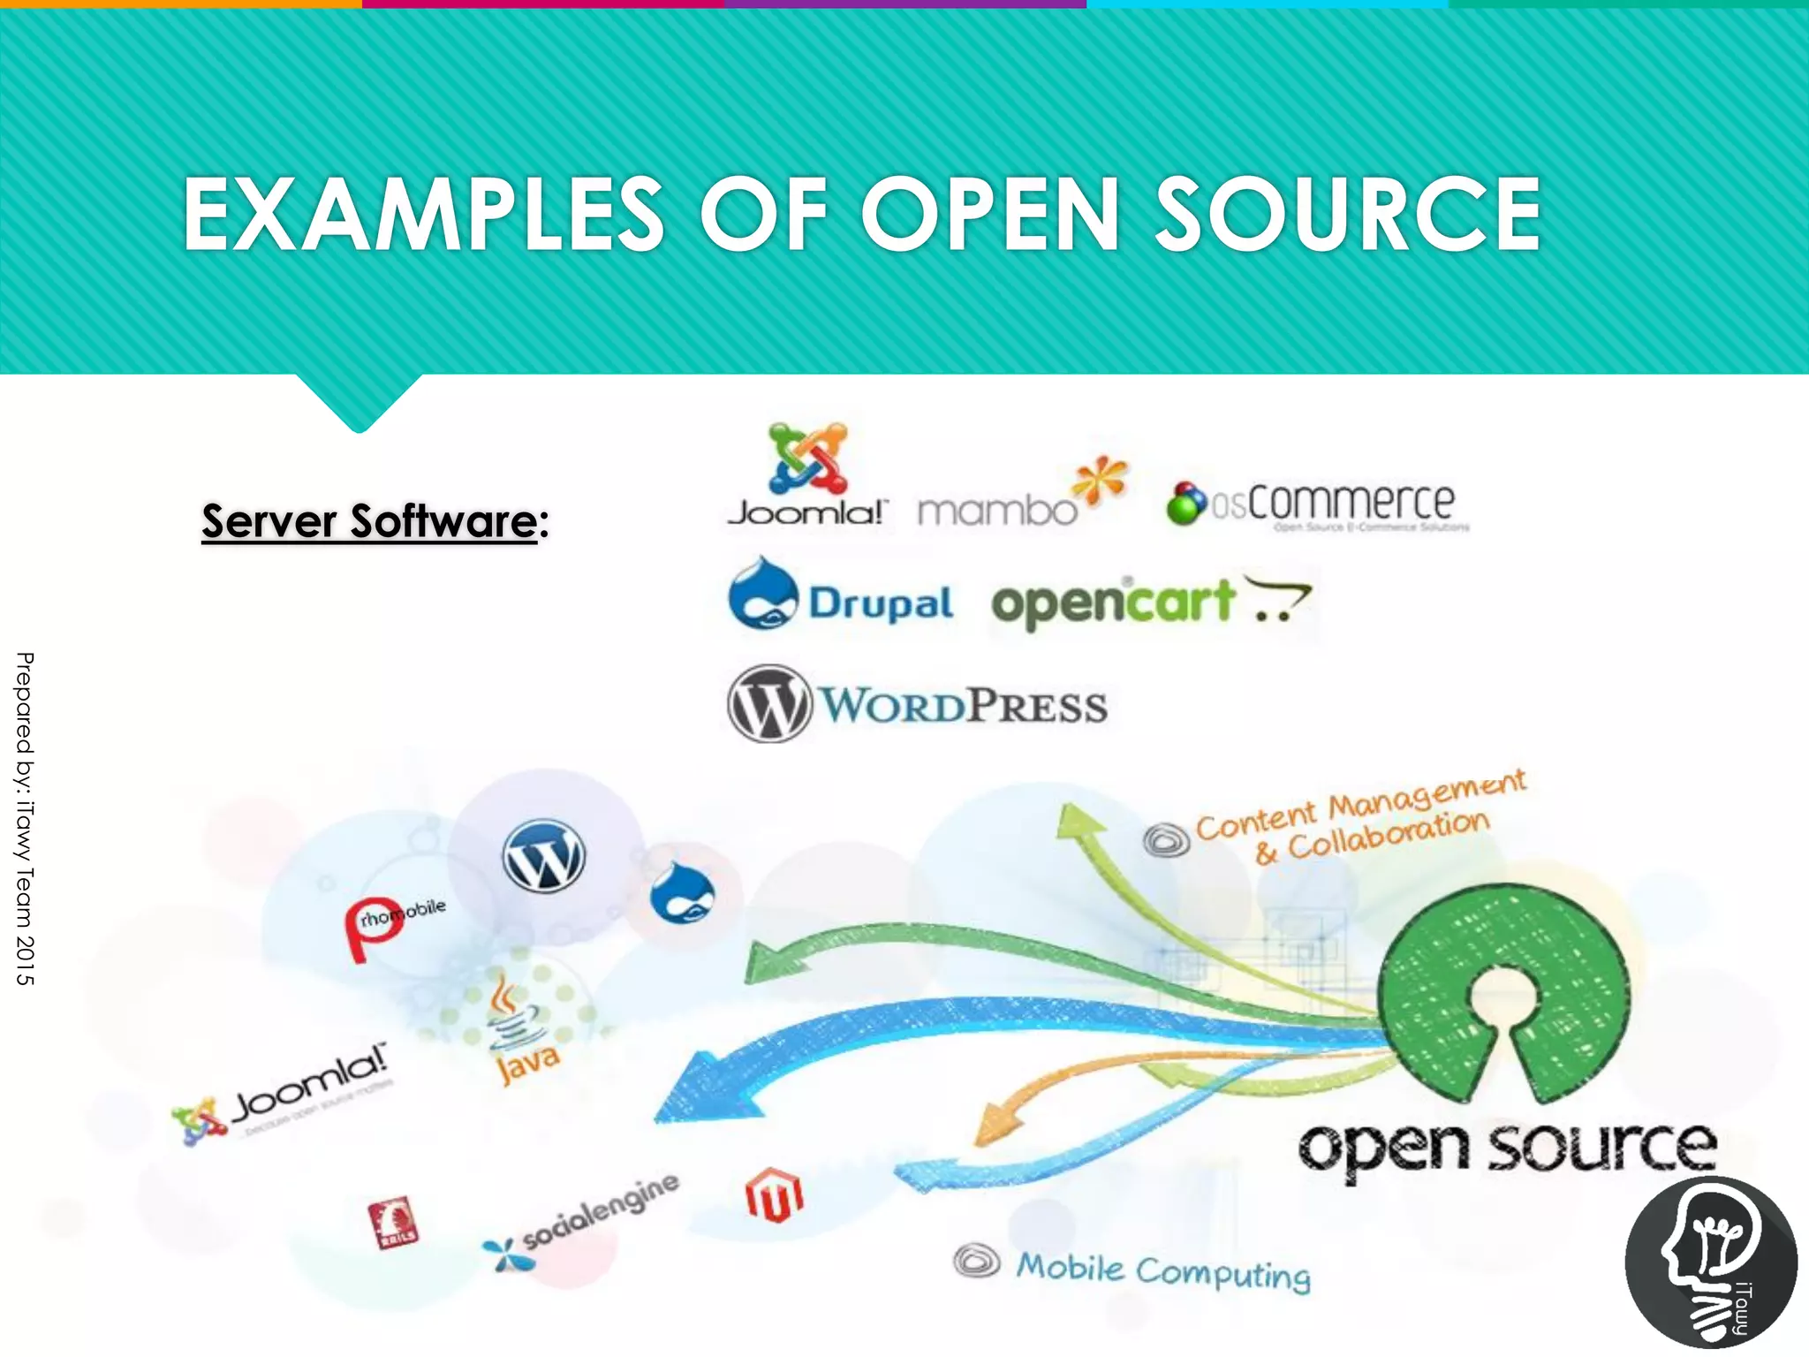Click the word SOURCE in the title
(1348, 214)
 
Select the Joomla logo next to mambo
(807, 477)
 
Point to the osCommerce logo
(1316, 504)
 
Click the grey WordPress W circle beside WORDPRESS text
(769, 704)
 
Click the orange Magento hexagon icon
(774, 1195)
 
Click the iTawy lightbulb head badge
(1710, 1263)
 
